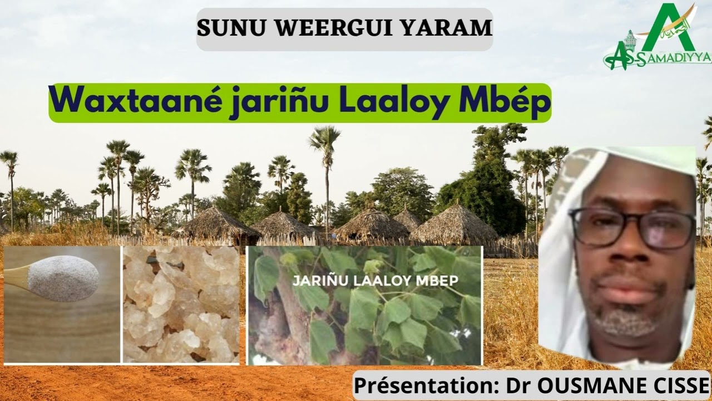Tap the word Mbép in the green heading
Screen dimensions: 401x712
coord(502,102)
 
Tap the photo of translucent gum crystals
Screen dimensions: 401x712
coord(181,305)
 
